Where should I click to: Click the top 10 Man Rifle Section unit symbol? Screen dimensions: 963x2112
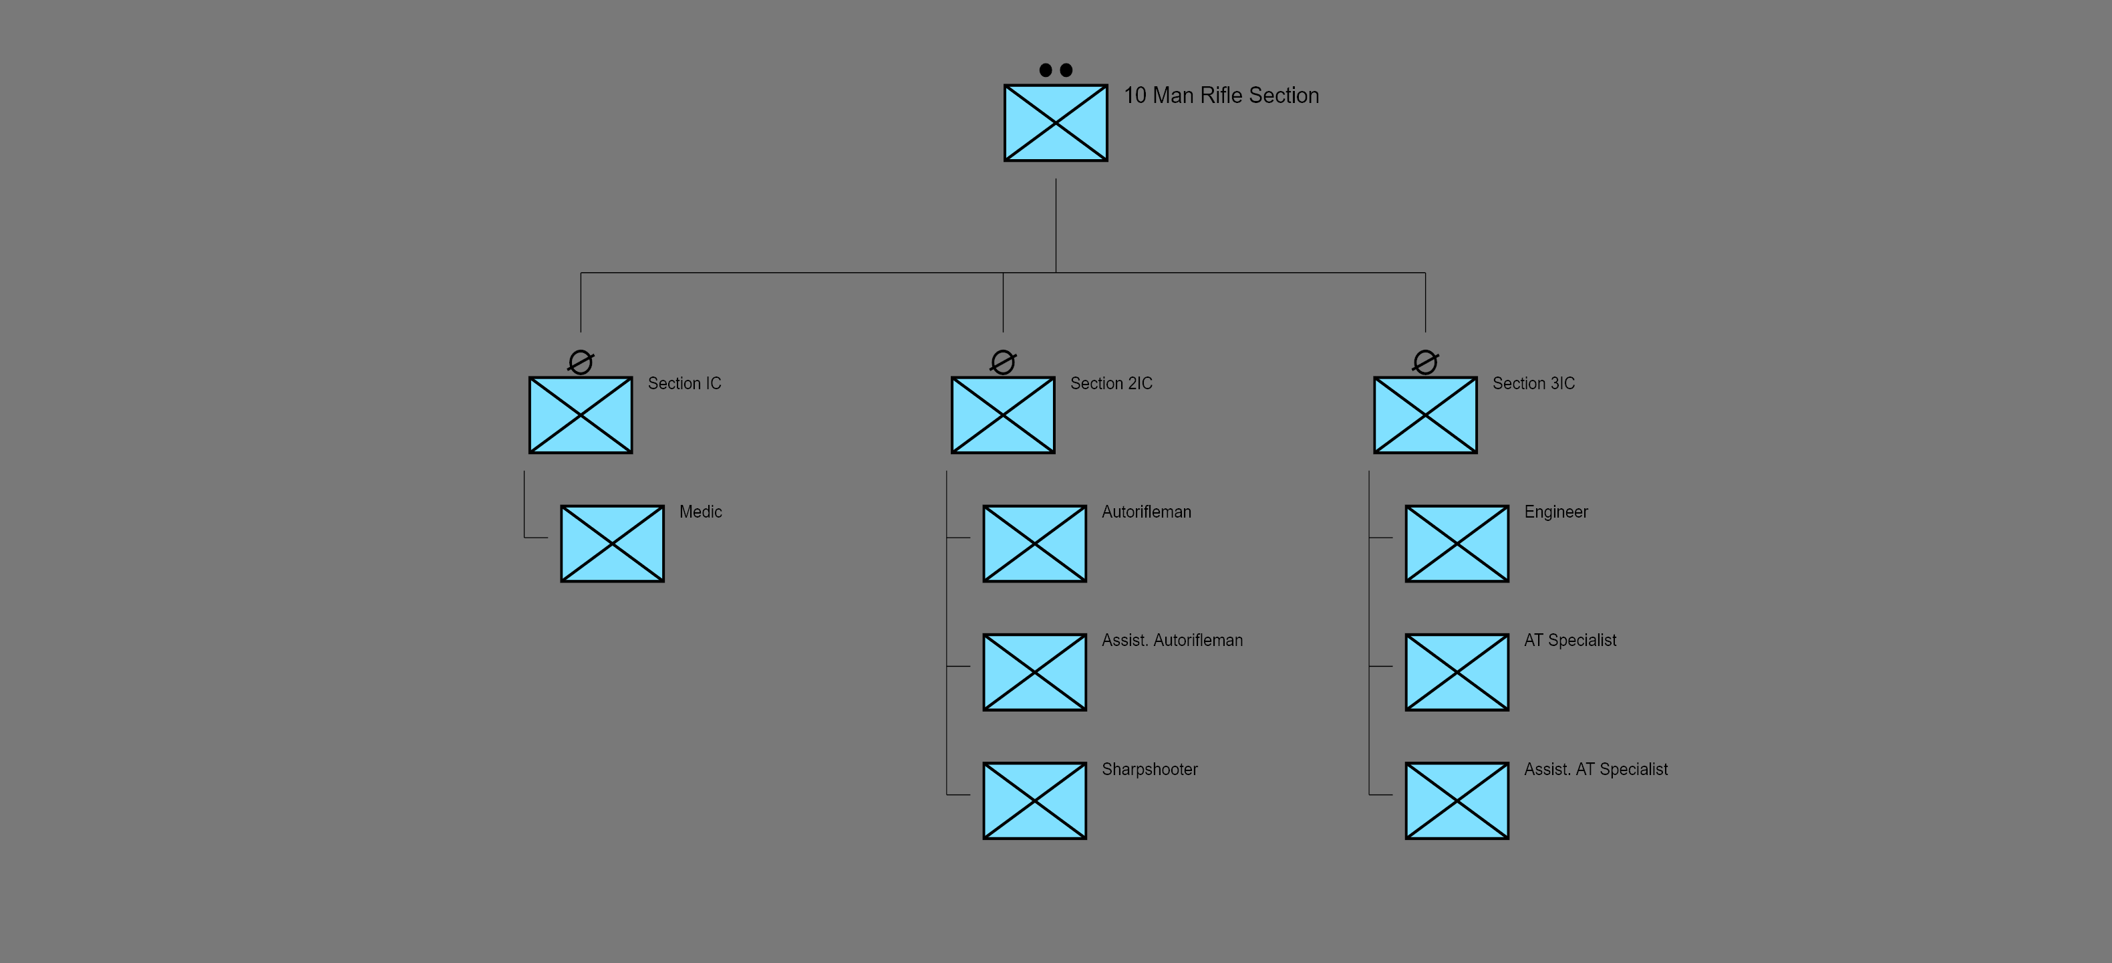coord(1055,123)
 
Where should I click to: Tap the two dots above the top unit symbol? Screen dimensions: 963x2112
coord(1055,70)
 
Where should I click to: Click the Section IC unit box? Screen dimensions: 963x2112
coord(581,415)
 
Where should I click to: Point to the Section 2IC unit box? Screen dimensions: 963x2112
coord(1003,415)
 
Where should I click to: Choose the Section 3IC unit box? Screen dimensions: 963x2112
coord(1425,415)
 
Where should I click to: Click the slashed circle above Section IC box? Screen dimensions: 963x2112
coord(581,362)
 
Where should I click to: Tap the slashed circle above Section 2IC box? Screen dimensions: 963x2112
coord(1003,362)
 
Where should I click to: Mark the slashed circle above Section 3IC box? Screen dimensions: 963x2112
coord(1425,362)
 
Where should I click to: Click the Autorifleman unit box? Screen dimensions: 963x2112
coord(1035,544)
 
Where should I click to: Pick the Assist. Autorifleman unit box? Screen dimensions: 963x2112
coord(1035,672)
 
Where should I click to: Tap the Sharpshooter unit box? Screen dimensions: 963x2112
coord(1035,800)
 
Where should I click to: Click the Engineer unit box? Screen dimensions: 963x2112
coord(1457,544)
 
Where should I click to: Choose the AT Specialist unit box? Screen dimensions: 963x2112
coord(1457,672)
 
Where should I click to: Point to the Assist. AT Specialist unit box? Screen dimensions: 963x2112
coord(1457,800)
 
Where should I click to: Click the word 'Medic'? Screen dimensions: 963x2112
coord(700,512)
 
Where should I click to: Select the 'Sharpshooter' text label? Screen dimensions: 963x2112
coord(1149,770)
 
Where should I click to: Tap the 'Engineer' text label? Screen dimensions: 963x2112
coord(1555,512)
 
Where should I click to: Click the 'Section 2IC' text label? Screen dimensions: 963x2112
coord(1111,384)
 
